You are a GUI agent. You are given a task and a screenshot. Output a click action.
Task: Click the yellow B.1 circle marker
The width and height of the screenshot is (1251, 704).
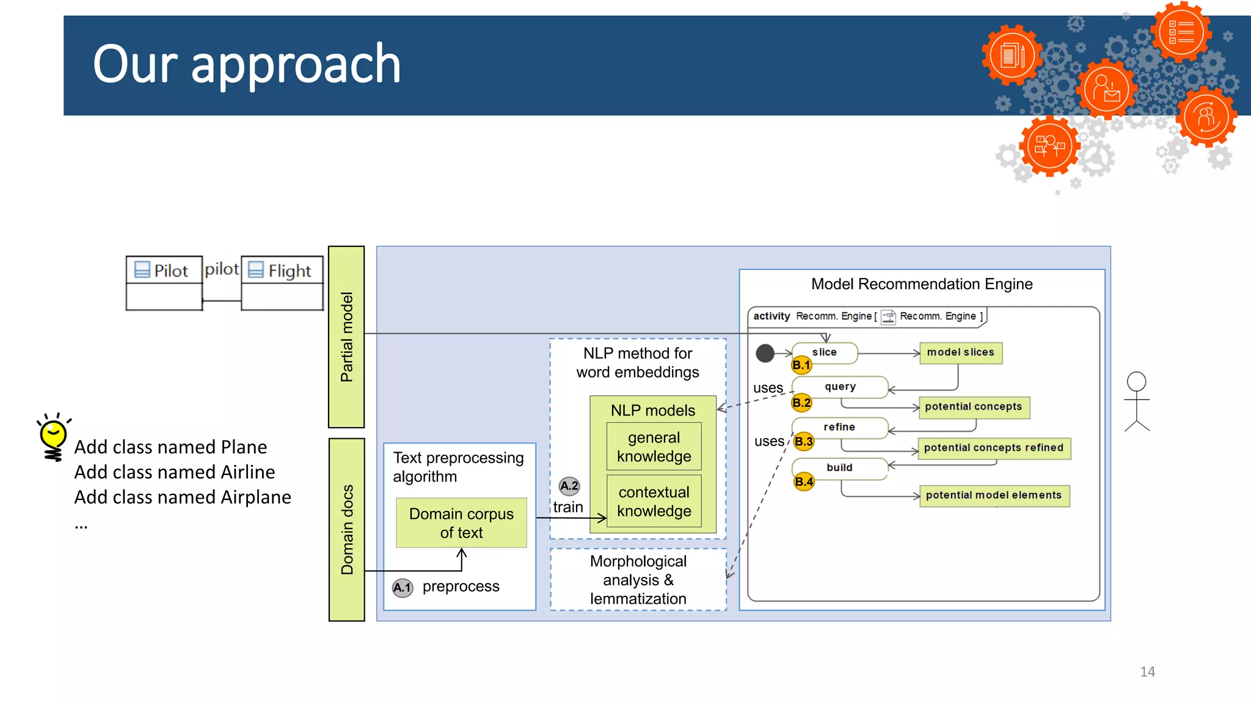pyautogui.click(x=801, y=365)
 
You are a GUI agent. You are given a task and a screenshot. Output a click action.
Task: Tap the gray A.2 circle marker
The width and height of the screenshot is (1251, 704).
pyautogui.click(x=569, y=486)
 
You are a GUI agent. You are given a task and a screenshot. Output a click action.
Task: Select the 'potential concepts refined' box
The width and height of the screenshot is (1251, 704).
pyautogui.click(x=994, y=448)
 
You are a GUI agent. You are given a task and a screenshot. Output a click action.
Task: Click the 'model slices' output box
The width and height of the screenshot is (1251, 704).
pyautogui.click(x=960, y=353)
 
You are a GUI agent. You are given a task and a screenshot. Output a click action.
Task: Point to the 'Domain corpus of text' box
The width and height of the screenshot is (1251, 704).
pyautogui.click(x=461, y=523)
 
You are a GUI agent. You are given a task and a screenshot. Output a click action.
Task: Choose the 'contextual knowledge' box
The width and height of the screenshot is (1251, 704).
pyautogui.click(x=654, y=501)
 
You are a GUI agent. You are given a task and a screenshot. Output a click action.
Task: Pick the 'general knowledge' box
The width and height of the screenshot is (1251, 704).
pyautogui.click(x=654, y=447)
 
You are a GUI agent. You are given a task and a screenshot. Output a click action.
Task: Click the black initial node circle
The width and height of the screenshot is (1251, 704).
pyautogui.click(x=765, y=353)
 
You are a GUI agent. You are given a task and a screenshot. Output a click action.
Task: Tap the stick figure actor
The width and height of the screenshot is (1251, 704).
pyautogui.click(x=1137, y=402)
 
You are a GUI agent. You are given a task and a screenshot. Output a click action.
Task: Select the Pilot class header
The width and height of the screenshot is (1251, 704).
pyautogui.click(x=164, y=270)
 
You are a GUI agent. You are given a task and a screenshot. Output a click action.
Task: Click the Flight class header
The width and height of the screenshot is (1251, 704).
pyautogui.click(x=282, y=270)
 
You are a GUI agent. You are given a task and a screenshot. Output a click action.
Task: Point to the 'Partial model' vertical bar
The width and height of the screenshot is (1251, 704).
pyautogui.click(x=346, y=337)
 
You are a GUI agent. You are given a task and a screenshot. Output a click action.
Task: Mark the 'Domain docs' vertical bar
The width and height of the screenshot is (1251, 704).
pyautogui.click(x=346, y=529)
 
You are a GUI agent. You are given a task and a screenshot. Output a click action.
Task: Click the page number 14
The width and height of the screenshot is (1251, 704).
pyautogui.click(x=1147, y=672)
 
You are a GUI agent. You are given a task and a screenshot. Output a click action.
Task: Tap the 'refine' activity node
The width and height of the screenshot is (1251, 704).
pyautogui.click(x=839, y=427)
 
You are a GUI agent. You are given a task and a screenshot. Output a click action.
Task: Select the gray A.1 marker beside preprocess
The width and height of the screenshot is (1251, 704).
pyautogui.click(x=403, y=588)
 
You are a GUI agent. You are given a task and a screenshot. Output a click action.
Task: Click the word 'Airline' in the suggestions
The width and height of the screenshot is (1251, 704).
pyautogui.click(x=247, y=472)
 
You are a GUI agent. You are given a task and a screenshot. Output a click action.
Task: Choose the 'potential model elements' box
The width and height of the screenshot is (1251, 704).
pyautogui.click(x=994, y=496)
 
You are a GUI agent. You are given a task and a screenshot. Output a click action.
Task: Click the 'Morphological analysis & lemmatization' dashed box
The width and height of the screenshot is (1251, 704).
pyautogui.click(x=638, y=579)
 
